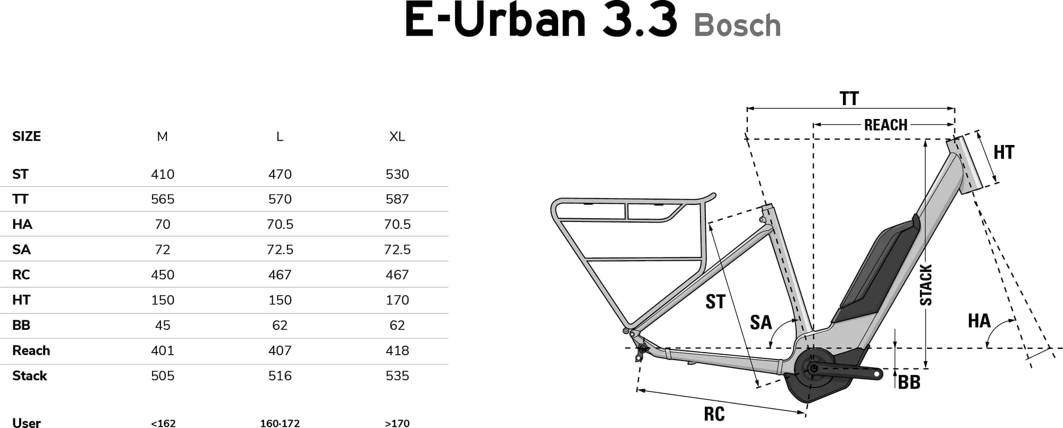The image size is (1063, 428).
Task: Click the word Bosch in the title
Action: (737, 25)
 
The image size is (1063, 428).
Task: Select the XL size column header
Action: (397, 136)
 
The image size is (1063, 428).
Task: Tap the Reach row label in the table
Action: (31, 350)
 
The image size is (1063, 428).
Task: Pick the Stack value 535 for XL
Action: (397, 376)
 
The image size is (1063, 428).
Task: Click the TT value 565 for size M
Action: (163, 199)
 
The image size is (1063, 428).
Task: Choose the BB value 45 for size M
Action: (163, 325)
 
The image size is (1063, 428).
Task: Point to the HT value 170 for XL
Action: (397, 300)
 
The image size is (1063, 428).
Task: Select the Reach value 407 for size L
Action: (280, 350)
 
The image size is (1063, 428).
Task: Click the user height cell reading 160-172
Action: (280, 423)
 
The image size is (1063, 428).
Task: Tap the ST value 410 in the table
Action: (163, 174)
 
